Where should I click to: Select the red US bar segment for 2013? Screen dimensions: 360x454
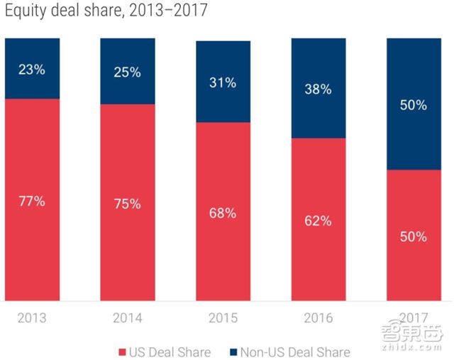pos(32,234)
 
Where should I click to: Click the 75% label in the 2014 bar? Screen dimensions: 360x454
pos(128,204)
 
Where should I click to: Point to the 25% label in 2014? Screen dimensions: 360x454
pos(128,71)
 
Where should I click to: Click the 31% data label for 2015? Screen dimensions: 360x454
pos(223,82)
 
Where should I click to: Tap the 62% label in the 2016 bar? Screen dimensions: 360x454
pos(319,220)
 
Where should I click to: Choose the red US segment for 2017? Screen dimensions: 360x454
pos(414,270)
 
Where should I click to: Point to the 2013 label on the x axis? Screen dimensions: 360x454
pos(32,317)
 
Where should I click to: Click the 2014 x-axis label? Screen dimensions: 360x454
pos(128,317)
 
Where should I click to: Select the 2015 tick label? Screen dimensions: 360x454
pos(223,317)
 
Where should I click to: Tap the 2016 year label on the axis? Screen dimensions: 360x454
pos(319,317)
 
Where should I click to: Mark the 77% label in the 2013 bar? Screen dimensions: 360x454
pos(32,201)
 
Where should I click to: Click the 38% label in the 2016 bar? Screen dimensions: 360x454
pos(319,89)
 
